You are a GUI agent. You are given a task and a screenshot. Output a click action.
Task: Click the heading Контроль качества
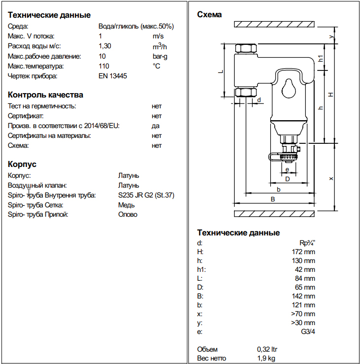pos(45,95)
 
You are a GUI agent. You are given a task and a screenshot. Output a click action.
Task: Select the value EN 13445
pos(113,76)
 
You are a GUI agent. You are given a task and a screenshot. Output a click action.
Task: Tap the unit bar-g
pos(160,56)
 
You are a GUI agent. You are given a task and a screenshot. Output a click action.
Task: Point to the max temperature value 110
pos(104,66)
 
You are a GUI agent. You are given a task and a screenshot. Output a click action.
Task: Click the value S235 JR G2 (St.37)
pos(146,195)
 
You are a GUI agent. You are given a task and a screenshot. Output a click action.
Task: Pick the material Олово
pos(128,215)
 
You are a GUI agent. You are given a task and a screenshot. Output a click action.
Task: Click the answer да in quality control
pos(156,126)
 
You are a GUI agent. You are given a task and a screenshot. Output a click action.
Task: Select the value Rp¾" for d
pos(307,242)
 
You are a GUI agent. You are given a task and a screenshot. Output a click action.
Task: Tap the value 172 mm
pos(303,252)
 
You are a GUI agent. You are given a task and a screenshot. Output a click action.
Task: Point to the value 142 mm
pos(303,296)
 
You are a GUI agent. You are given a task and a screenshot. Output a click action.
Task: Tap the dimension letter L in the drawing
pos(221,71)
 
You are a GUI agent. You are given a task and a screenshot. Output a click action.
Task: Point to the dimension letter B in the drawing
pos(273,199)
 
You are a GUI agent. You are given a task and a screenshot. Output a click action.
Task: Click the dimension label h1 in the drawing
pos(321,59)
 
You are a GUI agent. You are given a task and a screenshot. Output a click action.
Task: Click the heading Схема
pos(209,14)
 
